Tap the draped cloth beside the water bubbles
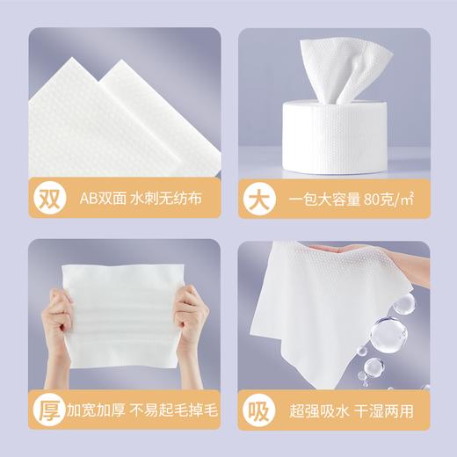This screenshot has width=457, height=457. coord(325,299)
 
